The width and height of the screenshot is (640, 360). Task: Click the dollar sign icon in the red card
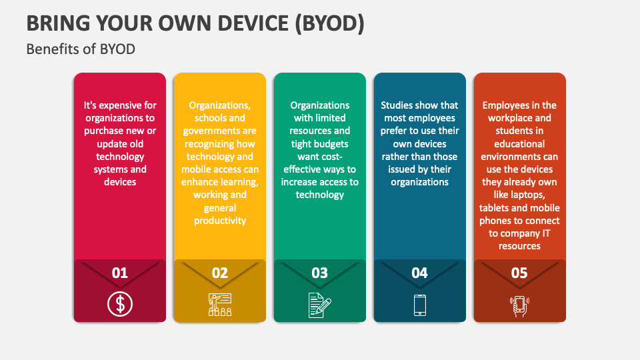click(x=120, y=305)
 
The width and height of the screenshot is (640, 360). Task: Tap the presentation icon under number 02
click(x=220, y=305)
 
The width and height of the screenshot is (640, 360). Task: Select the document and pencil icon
click(x=320, y=305)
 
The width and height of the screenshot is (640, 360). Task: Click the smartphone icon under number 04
click(x=420, y=305)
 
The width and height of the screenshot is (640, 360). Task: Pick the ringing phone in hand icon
click(x=519, y=305)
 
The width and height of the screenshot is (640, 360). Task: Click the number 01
click(x=120, y=273)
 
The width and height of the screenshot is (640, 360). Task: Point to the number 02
click(x=220, y=273)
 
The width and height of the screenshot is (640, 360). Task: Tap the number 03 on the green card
click(x=320, y=273)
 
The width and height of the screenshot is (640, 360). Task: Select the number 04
click(x=420, y=273)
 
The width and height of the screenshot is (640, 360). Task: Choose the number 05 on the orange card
click(x=519, y=273)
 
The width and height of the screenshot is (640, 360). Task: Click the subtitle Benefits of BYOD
click(x=81, y=49)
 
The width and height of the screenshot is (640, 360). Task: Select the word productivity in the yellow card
click(x=220, y=221)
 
